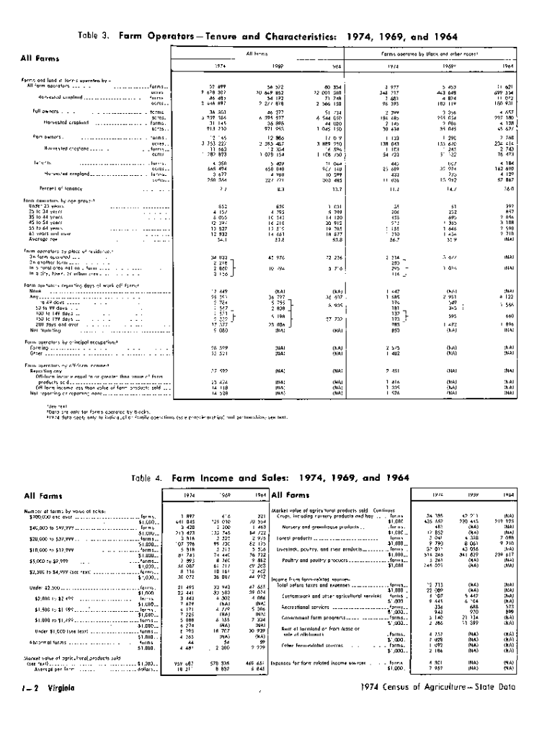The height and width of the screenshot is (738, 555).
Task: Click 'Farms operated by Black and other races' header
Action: coord(440,53)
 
